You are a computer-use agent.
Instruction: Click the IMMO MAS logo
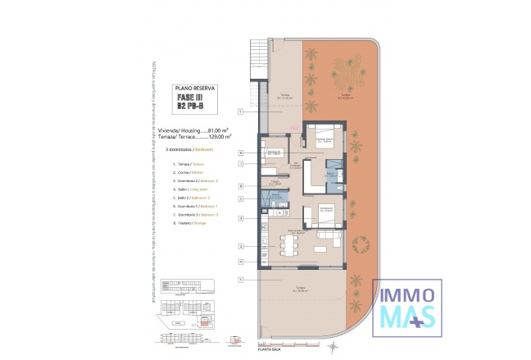click(407, 307)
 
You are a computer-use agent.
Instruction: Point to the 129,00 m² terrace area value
click(218, 136)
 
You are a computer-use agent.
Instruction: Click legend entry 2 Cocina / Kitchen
click(184, 173)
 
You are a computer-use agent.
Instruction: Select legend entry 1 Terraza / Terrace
click(184, 165)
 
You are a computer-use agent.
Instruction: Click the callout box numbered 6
click(240, 153)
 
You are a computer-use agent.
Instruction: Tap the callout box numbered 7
click(240, 164)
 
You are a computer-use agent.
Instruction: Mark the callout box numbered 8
click(240, 186)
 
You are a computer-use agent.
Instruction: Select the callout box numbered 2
click(240, 246)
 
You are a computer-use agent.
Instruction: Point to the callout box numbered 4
click(240, 262)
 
